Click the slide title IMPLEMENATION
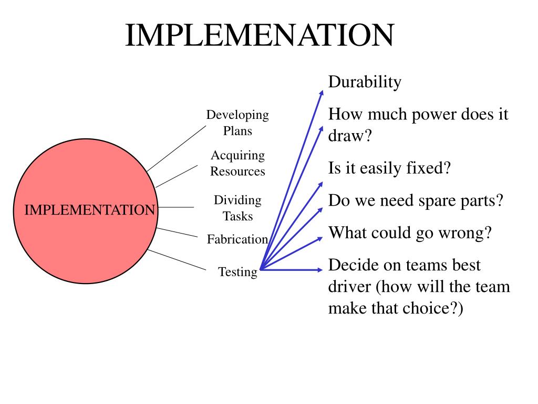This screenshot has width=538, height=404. pos(259,36)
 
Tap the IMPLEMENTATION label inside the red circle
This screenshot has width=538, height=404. pos(90,210)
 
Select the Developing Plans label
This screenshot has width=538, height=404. pos(237,123)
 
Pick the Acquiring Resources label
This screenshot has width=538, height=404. pos(237,163)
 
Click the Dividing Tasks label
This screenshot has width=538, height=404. pos(237,208)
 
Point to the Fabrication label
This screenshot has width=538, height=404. pos(237,239)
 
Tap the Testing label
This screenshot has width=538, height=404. pos(238,272)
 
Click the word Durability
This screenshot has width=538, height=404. pos(365,82)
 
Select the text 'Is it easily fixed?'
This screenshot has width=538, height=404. pos(390,169)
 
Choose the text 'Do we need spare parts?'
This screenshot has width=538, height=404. pos(416,200)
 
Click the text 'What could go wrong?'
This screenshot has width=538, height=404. pos(410,233)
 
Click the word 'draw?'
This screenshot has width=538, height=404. pos(350,136)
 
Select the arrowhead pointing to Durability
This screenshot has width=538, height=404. pos(322,93)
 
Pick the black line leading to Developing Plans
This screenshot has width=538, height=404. pos(176,148)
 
